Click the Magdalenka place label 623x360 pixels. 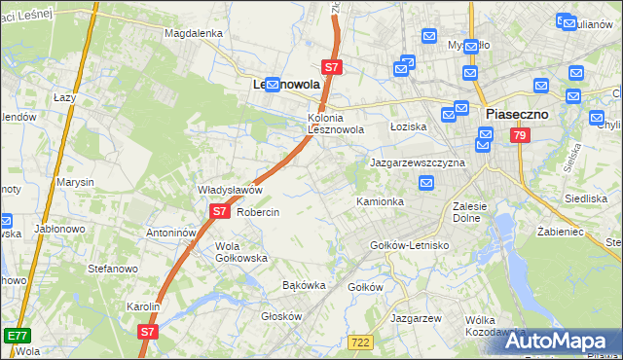tap(194, 32)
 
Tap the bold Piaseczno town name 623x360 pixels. tap(516, 114)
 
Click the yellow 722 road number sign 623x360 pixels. tap(359, 341)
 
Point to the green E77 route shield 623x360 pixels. tap(16, 335)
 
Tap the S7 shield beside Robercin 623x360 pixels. tap(219, 210)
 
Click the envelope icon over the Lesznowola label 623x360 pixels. tap(274, 85)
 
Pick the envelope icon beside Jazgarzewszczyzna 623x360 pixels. tap(426, 183)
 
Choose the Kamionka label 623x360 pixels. tap(380, 201)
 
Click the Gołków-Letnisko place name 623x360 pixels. tap(410, 245)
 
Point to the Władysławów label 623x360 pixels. tap(231, 190)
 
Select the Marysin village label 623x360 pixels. tap(75, 182)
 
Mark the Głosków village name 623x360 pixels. tap(282, 316)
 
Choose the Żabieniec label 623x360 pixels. tap(560, 233)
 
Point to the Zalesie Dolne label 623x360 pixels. tap(475, 212)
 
